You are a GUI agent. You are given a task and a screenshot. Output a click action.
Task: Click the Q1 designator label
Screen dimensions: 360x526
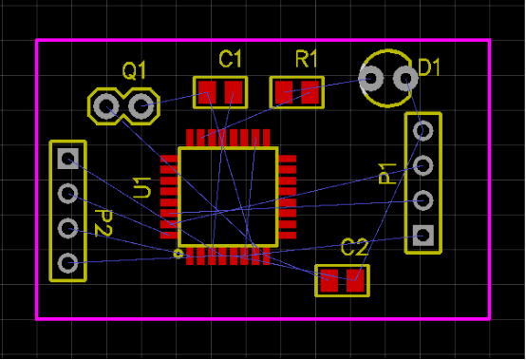coord(135,69)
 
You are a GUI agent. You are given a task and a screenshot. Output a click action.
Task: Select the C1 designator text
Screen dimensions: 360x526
coord(231,60)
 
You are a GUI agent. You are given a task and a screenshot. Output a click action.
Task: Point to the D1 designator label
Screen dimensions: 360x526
coord(431,68)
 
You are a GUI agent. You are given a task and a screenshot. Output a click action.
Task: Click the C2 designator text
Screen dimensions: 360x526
coord(354,248)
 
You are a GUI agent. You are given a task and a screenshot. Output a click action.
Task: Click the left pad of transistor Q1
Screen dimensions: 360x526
coord(106,105)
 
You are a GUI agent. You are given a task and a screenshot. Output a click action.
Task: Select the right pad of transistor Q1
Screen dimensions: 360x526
coord(141,105)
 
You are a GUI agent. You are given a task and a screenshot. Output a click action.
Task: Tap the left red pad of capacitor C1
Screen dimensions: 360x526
coord(206,92)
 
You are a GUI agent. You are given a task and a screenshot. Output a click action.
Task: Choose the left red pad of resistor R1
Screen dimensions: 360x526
coord(283,92)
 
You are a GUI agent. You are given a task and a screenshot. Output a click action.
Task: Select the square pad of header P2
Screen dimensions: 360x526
coord(67,158)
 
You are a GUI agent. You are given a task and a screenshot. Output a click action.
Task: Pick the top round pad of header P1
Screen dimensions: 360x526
coord(423,129)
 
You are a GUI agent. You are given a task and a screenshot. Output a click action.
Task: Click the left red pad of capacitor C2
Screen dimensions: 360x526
coord(328,280)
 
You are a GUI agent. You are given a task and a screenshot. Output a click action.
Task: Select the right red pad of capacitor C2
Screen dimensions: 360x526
coord(356,280)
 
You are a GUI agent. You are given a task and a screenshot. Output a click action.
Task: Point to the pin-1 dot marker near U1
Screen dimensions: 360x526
coord(178,255)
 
